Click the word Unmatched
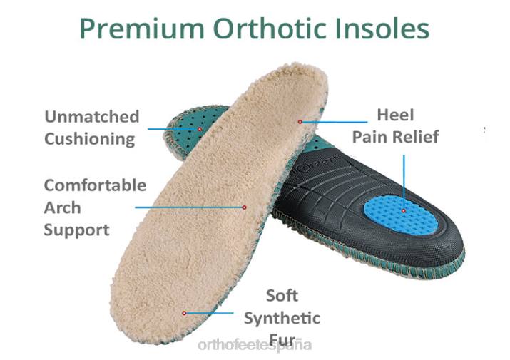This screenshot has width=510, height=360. pos(91,117)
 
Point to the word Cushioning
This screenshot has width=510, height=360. pos(89,138)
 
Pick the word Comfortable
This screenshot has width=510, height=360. pos(95,186)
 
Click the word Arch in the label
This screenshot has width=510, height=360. pos(62,208)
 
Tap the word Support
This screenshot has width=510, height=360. pos(76,230)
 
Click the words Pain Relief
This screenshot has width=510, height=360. pos(395,137)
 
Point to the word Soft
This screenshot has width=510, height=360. pos(282,296)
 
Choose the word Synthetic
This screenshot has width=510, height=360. pos(282,318)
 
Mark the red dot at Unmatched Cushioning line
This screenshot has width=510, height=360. pos(200,128)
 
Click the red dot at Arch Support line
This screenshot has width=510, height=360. pos(244,207)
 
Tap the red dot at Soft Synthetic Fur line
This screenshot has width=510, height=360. pos(185,312)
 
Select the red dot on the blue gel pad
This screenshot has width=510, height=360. pos(404,210)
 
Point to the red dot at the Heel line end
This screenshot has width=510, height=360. pos(300,122)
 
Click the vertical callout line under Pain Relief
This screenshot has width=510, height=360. pos(404,178)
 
